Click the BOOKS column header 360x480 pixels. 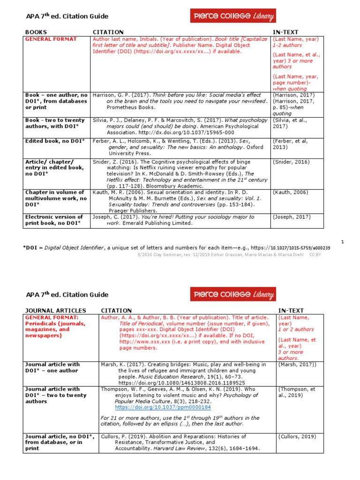(36, 32)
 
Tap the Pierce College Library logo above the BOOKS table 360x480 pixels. (233, 17)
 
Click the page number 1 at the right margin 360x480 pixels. (342, 241)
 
